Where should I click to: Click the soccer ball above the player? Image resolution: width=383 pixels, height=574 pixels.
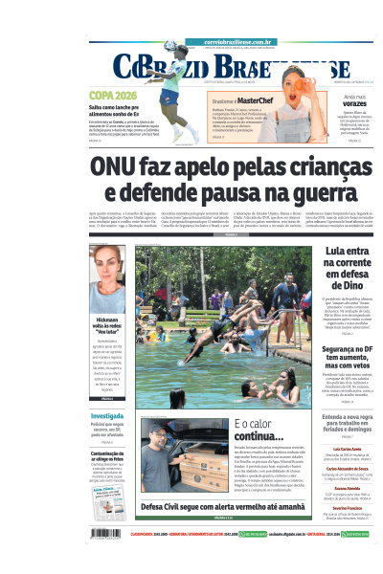point(169,46)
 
